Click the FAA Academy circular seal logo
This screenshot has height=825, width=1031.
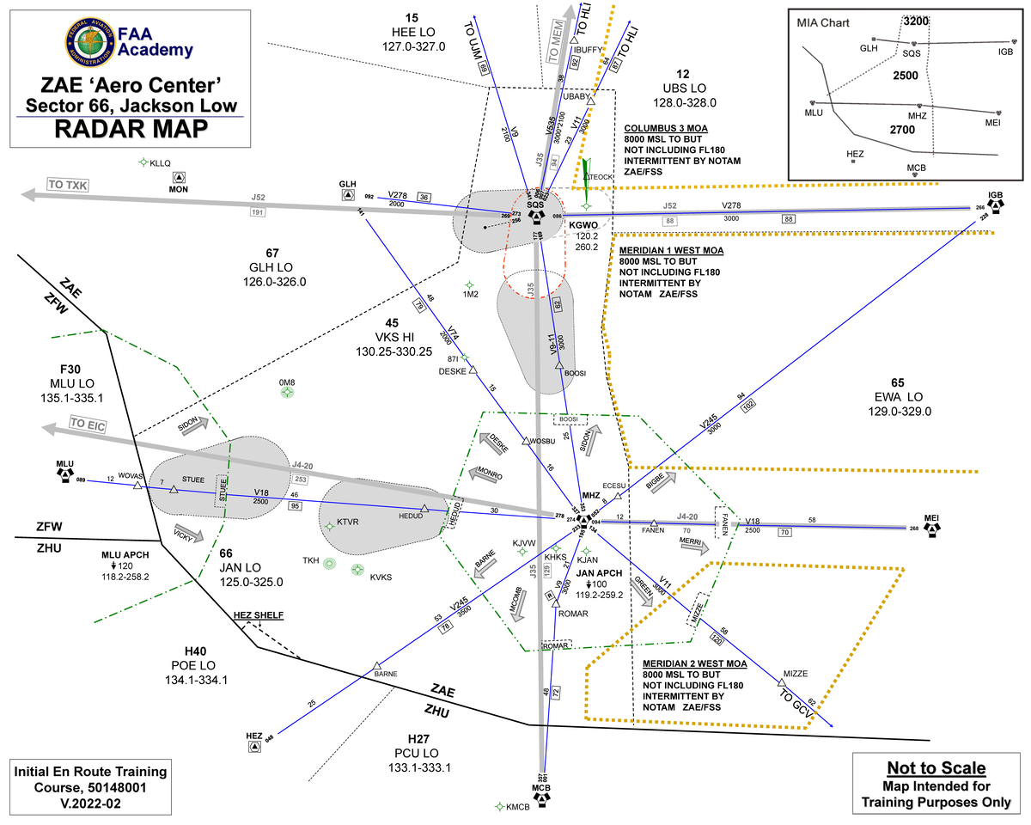point(87,43)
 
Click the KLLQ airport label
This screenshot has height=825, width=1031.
point(161,162)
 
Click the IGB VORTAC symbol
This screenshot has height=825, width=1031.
point(995,206)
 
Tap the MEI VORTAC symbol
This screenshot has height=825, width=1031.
point(932,528)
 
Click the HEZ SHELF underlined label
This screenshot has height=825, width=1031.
point(259,615)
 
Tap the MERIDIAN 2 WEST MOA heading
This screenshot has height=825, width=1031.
point(694,663)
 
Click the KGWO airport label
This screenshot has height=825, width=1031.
point(583,225)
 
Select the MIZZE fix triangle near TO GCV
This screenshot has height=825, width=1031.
point(782,682)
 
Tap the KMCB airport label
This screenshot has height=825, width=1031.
point(517,807)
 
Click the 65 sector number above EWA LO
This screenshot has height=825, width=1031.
point(898,382)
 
